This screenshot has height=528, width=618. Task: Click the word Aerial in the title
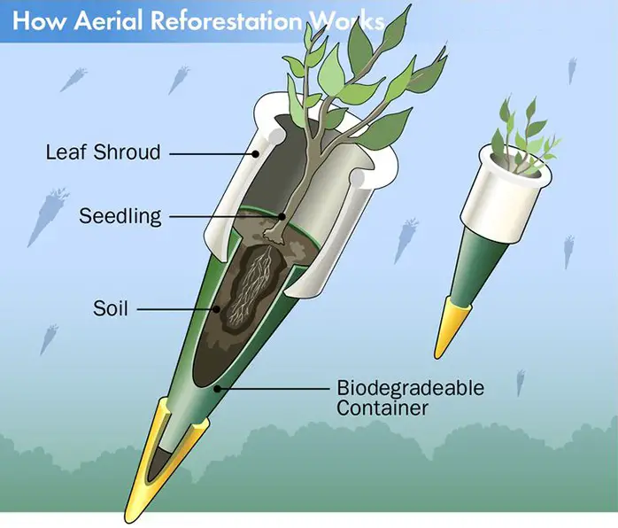coord(108,21)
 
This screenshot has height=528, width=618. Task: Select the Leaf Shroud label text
coord(104,152)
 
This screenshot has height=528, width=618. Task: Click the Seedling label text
coord(120,216)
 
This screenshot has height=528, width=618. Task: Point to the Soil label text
coord(111,308)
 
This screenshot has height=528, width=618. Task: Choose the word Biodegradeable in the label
coord(410,388)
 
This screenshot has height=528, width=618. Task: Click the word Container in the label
coord(382,408)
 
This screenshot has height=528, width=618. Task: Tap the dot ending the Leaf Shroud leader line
coord(256,154)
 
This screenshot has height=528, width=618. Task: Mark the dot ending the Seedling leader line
coord(282,216)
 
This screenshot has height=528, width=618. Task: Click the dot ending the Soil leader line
coord(216,309)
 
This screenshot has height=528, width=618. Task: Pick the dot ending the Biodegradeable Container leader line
coord(216,389)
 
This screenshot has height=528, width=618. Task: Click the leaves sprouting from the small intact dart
coord(522,136)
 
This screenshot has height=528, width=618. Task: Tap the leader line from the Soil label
coord(175,309)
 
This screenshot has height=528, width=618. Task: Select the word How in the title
coord(39,21)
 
